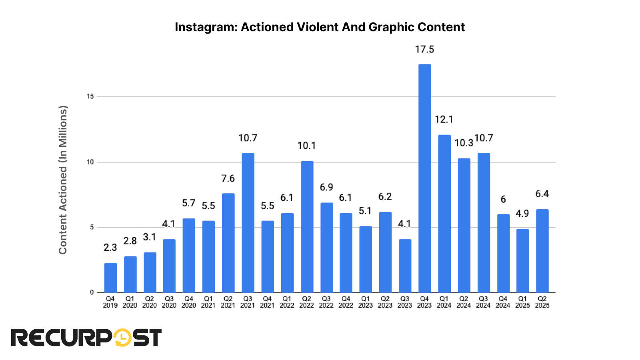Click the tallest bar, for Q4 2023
coord(424,178)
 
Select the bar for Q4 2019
coord(110,278)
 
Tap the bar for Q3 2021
coord(248,222)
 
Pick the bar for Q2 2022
coord(307,226)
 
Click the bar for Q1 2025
coord(522,260)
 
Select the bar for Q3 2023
coord(405,266)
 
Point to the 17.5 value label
coord(424,50)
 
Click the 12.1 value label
coord(444,120)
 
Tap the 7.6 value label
coord(228,178)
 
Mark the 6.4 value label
coord(542,194)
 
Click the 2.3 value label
coord(110,248)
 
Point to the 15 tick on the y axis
coord(90,96)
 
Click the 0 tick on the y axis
coord(92,292)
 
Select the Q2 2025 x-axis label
coord(542,302)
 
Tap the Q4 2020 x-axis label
coord(189,302)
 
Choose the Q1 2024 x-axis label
coord(444,302)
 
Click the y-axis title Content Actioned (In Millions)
coord(63,180)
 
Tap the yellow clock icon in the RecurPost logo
coord(122,338)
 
